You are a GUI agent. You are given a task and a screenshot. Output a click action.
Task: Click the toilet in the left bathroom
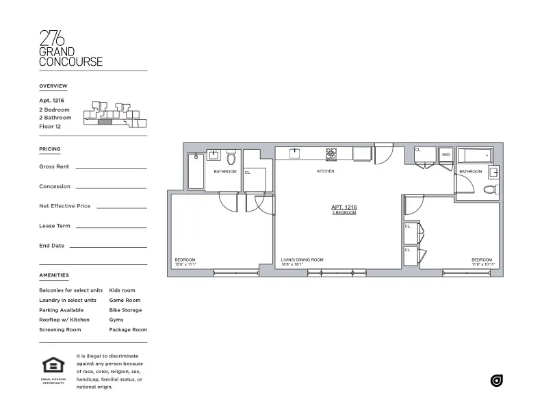click(x=231, y=158)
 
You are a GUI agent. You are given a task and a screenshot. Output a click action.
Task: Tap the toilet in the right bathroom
click(x=490, y=190)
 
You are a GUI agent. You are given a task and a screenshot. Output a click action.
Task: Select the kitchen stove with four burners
click(x=331, y=153)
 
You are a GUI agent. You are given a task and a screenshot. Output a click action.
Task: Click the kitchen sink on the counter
click(x=296, y=153)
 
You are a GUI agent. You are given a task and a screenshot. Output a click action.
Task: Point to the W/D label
click(x=446, y=155)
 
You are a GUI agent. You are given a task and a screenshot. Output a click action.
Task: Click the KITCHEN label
click(x=325, y=171)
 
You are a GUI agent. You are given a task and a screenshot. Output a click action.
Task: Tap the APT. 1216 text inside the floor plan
click(x=344, y=207)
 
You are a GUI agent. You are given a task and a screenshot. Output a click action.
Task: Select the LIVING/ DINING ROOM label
click(x=302, y=259)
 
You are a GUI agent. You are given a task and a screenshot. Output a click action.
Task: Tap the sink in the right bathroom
click(x=493, y=172)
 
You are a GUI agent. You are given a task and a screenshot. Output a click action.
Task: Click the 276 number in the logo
click(x=52, y=38)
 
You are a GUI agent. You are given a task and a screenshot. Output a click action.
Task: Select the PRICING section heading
click(x=50, y=149)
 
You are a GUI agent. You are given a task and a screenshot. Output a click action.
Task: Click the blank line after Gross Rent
click(x=111, y=168)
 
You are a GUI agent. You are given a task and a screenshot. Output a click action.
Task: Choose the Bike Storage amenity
click(x=125, y=310)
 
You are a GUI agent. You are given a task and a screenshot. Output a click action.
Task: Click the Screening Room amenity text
click(x=60, y=330)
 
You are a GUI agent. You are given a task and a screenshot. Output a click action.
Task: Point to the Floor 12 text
click(x=51, y=127)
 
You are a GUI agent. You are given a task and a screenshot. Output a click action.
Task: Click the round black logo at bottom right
click(x=497, y=381)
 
